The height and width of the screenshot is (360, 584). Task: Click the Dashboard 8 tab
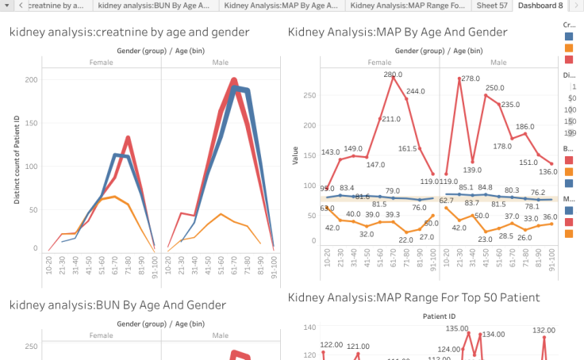(540, 6)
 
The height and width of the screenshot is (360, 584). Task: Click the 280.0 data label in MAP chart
(393, 75)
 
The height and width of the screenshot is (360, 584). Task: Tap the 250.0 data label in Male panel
(495, 88)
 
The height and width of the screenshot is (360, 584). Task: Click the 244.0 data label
(416, 91)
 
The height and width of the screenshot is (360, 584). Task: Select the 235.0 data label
(510, 105)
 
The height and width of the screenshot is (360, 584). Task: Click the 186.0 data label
(525, 127)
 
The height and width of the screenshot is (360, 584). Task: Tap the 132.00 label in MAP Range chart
(544, 331)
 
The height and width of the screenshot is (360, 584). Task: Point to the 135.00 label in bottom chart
(457, 328)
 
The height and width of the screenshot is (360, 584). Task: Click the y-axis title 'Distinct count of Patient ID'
(16, 159)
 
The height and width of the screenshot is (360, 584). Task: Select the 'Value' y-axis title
(295, 154)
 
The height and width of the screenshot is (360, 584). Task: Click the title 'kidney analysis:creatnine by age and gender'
(129, 33)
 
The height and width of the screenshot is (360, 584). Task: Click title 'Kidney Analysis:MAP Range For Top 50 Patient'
(413, 297)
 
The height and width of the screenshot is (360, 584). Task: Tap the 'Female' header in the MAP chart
(379, 62)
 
